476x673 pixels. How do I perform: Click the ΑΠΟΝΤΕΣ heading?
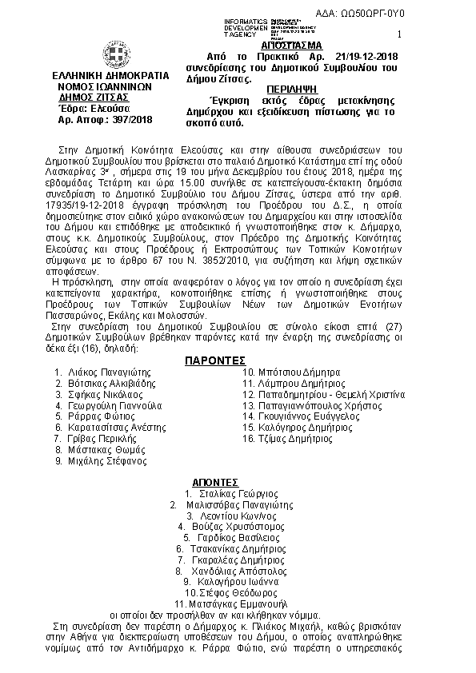pyautogui.click(x=216, y=482)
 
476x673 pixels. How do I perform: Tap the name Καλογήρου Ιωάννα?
pyautogui.click(x=238, y=583)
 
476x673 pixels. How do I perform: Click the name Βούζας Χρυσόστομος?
pyautogui.click(x=238, y=527)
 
